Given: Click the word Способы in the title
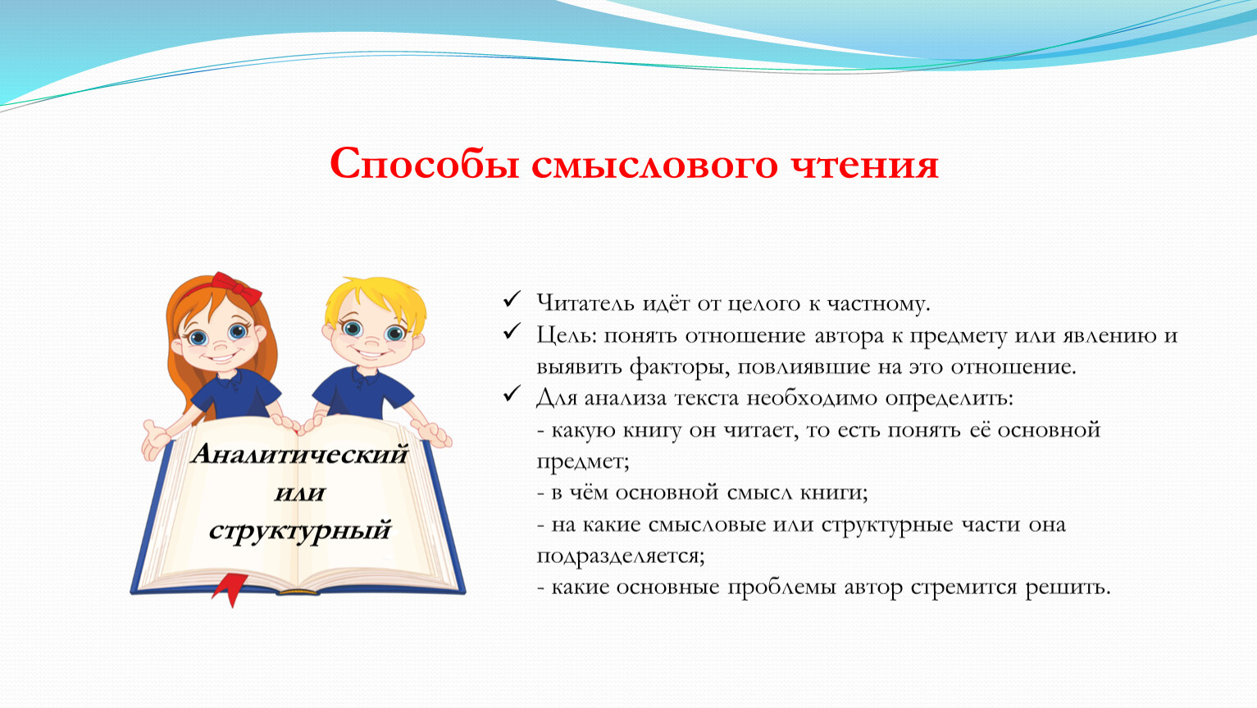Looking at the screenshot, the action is point(424,165).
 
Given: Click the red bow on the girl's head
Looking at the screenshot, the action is point(235,288).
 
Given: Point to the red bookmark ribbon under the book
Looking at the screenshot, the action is point(230,589).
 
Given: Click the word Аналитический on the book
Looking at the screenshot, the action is point(299,453).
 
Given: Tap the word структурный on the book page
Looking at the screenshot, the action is point(299,531).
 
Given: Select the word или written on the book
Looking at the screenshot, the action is point(299,492).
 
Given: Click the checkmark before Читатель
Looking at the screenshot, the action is point(512,299).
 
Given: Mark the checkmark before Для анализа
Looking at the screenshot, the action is point(512,394).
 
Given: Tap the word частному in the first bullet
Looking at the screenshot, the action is point(879,303).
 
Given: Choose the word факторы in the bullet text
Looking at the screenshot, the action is point(680,367).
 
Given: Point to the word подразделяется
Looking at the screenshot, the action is point(620,556).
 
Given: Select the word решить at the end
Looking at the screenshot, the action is point(1068,588).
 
